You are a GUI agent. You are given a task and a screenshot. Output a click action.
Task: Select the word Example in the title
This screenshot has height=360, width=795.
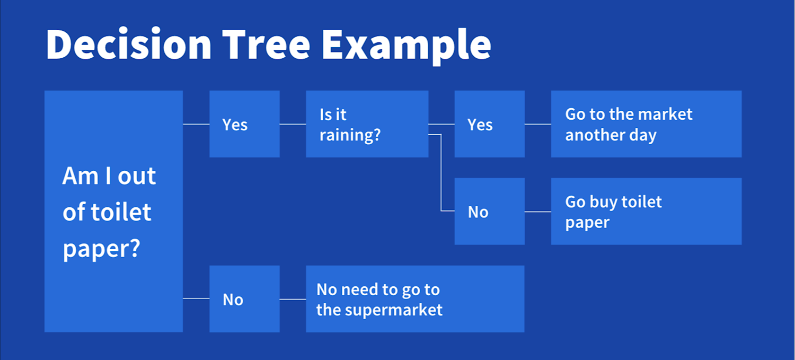(406, 45)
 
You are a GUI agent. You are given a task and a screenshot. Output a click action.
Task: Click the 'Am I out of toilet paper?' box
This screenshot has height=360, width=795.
(113, 211)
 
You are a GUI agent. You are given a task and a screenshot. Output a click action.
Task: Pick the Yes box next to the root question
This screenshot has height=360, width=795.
(244, 124)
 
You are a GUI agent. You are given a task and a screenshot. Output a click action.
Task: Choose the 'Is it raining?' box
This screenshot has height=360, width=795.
(367, 124)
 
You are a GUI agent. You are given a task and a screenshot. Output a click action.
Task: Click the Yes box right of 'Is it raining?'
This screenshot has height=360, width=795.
(489, 124)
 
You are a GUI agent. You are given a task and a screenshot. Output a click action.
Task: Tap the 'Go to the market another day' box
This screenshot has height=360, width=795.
(646, 124)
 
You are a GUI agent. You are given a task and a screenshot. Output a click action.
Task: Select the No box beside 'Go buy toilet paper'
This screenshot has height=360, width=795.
(489, 211)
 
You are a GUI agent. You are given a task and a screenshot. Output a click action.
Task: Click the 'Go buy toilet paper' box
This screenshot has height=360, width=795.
(646, 211)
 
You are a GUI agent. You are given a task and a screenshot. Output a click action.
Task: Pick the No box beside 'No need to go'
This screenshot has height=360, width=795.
(244, 299)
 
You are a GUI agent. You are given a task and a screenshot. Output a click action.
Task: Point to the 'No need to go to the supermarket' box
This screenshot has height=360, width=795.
(415, 299)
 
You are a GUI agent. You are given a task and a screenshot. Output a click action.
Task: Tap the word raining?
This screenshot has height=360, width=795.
(350, 135)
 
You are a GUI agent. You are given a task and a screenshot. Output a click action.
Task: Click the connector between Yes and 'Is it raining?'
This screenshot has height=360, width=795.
(293, 124)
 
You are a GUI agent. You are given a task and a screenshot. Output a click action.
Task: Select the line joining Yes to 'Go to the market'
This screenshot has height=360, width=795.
(537, 124)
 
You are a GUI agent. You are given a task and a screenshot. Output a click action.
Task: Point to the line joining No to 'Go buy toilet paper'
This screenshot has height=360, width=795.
(537, 212)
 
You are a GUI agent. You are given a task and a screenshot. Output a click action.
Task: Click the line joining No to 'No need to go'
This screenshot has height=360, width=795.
(293, 299)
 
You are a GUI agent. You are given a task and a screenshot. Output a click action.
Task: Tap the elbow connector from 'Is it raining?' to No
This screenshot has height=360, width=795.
(441, 175)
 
